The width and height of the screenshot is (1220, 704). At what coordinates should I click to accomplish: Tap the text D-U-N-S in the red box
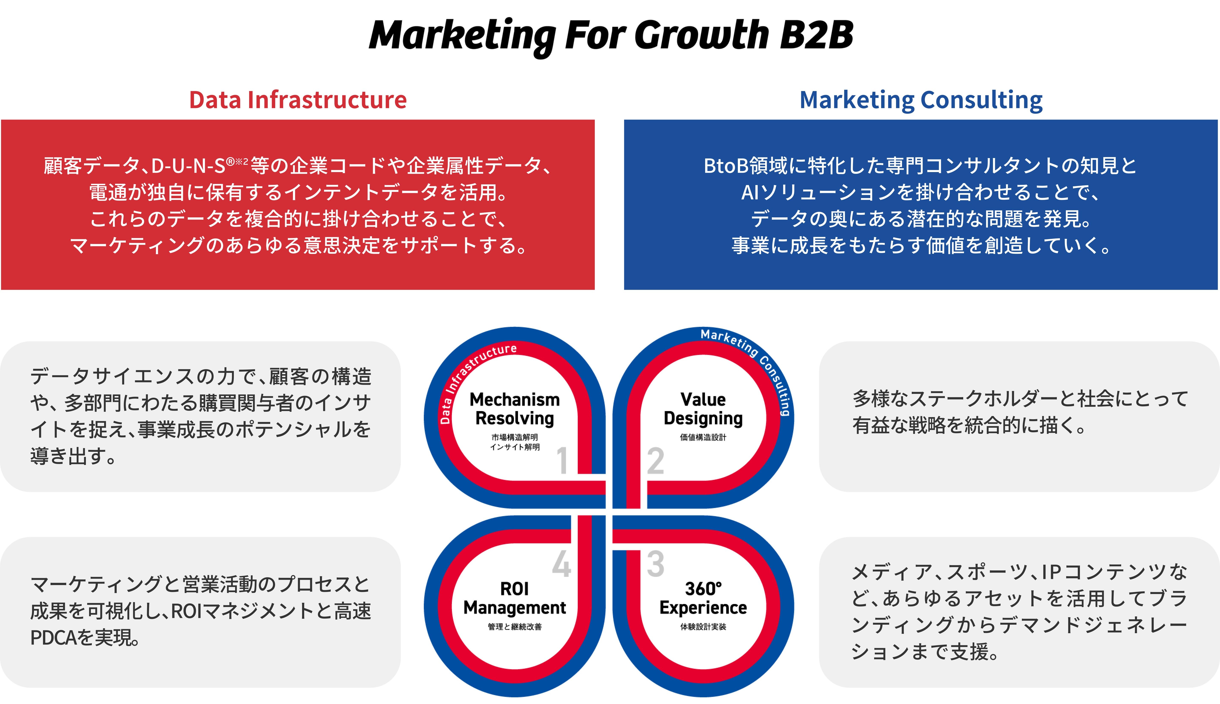coord(188,166)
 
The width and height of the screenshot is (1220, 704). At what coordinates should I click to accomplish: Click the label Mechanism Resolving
coord(515,409)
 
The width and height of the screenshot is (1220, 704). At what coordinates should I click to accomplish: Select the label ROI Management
coord(515,598)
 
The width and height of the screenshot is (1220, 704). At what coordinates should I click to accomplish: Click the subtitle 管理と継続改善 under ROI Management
coord(515,627)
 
